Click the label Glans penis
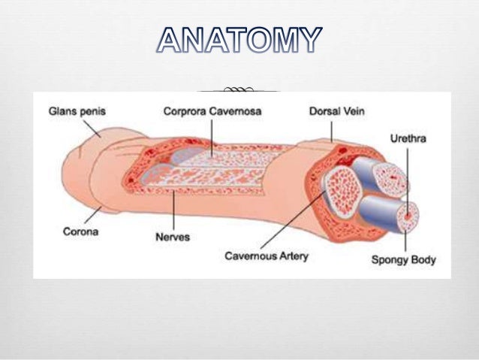tap(77, 111)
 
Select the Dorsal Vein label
tap(338, 111)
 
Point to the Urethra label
tap(408, 140)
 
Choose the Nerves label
tap(172, 237)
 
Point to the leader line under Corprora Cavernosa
tap(211, 135)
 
